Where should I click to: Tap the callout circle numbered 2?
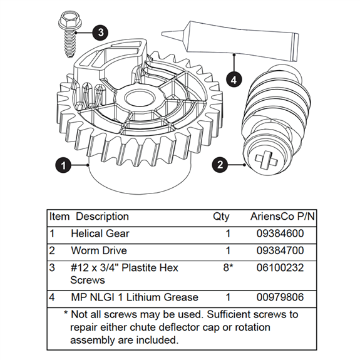(220, 165)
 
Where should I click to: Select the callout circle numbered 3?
(101, 32)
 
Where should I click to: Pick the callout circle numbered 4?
(233, 80)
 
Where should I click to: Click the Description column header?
(102, 217)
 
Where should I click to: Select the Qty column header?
(221, 217)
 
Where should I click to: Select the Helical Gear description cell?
(100, 234)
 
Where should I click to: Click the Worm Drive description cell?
(98, 250)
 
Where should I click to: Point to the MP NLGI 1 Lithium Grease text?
(134, 297)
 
